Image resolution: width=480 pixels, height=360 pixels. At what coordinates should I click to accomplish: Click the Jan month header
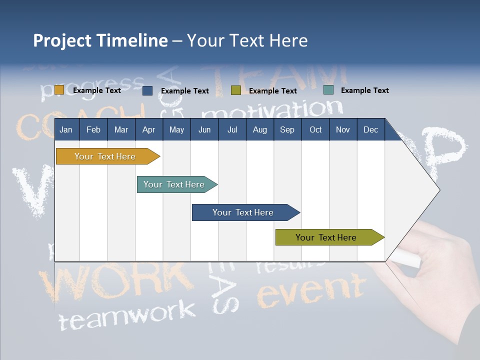[x=66, y=129]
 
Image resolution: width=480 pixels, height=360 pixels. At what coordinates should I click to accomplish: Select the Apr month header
[x=148, y=129]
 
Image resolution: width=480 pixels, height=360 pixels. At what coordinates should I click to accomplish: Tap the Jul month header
[x=232, y=129]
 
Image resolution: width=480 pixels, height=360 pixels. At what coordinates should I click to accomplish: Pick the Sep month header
[x=287, y=129]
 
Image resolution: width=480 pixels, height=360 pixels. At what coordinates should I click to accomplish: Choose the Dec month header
[x=370, y=129]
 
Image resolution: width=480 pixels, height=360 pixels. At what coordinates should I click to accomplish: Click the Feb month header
[x=93, y=129]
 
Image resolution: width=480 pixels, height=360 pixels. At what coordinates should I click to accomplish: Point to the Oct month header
[x=315, y=129]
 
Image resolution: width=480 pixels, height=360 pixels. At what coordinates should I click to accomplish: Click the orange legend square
[x=59, y=90]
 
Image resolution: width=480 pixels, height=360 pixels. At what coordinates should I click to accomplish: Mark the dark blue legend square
[x=147, y=90]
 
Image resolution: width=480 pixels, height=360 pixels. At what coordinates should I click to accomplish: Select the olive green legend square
[x=236, y=90]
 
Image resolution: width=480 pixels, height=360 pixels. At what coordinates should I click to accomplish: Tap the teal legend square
[x=328, y=90]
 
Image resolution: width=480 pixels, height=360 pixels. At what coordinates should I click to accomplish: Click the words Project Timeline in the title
[x=100, y=40]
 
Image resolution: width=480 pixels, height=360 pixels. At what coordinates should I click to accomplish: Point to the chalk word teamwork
[x=127, y=314]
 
